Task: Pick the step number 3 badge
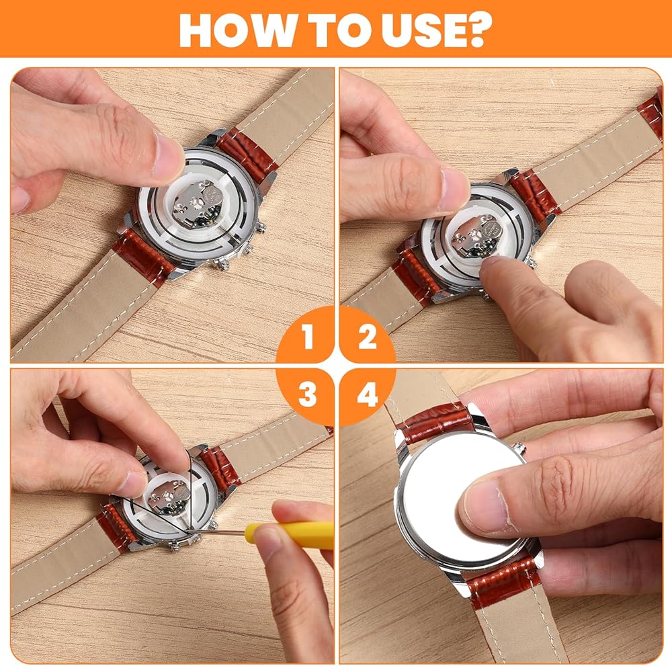307,394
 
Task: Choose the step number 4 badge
368,394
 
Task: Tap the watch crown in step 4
520,448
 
